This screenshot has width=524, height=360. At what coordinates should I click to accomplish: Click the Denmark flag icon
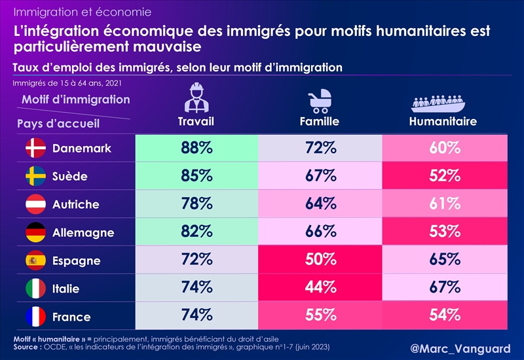[34, 149]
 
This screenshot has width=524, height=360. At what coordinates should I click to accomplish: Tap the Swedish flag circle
[34, 177]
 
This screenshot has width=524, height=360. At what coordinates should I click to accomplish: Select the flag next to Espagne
[34, 261]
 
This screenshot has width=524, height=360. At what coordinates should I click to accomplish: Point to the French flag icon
[34, 317]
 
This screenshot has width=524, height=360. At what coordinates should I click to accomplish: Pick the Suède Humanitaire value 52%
[444, 176]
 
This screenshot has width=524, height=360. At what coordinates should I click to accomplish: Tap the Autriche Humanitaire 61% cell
[444, 204]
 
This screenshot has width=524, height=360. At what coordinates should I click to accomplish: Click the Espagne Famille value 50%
[320, 261]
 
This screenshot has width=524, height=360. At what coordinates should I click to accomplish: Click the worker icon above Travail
[196, 98]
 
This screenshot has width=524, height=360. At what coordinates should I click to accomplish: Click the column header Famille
[320, 122]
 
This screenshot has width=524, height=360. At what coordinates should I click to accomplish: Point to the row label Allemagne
[83, 233]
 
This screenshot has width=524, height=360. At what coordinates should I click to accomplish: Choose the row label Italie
[66, 289]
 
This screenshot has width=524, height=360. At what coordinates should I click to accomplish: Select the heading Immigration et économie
[83, 12]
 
